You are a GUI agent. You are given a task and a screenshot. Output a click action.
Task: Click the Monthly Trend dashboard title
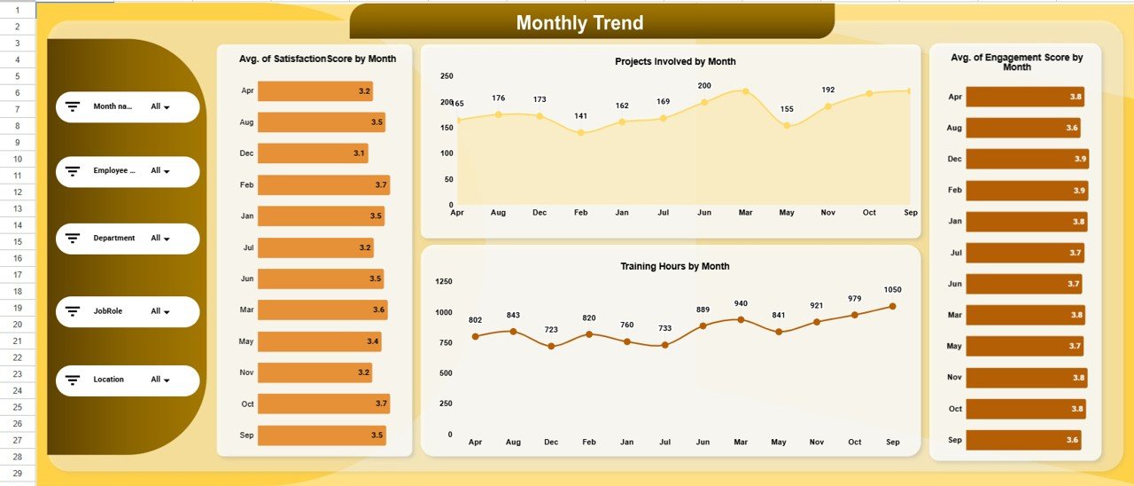[x=579, y=23]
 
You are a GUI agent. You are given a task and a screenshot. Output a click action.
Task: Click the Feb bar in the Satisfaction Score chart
[x=323, y=184]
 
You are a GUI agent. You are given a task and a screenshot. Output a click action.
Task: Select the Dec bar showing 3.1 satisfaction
[x=312, y=153]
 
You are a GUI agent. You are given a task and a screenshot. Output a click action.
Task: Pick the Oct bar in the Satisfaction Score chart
[x=323, y=404]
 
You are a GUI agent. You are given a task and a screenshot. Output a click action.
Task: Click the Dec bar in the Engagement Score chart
[x=1027, y=159]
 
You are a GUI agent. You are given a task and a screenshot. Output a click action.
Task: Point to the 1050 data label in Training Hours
[x=892, y=290]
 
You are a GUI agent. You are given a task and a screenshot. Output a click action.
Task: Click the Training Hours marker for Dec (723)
[x=551, y=346]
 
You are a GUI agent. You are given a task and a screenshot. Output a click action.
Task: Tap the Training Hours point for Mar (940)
[x=741, y=319]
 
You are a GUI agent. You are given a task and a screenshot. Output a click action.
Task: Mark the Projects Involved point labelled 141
[x=580, y=133]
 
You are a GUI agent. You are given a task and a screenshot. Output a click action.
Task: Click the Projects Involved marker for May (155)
[x=787, y=126]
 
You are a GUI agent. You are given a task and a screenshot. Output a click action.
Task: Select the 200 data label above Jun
[x=704, y=86]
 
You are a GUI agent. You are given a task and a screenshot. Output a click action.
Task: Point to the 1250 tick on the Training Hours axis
[x=444, y=282]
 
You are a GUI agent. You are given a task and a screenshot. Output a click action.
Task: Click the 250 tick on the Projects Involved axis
[x=447, y=76]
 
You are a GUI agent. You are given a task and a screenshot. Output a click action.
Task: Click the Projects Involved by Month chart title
[x=675, y=61]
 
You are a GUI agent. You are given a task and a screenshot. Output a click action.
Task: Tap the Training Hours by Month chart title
[x=675, y=266]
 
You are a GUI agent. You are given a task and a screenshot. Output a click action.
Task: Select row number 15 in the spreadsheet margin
[x=17, y=241]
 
